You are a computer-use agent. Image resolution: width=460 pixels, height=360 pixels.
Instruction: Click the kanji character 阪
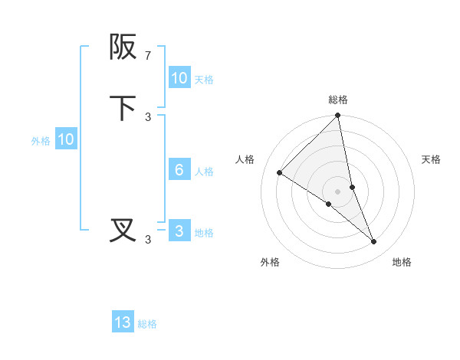123,47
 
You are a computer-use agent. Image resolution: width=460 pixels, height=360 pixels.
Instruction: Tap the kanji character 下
123,109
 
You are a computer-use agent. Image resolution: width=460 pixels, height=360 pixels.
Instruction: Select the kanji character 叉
123,230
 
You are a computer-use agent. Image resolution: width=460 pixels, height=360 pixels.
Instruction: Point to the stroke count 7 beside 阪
148,56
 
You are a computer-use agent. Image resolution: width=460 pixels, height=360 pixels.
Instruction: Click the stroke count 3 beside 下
148,116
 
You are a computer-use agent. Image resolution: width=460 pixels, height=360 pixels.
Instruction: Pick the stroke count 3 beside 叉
148,239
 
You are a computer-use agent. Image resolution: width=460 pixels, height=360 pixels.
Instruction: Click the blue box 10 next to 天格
179,78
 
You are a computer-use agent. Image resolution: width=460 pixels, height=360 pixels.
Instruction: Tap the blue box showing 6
179,170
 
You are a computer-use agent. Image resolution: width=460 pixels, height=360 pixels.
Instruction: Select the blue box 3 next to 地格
179,231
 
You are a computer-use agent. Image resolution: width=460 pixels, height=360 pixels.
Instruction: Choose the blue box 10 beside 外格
66,139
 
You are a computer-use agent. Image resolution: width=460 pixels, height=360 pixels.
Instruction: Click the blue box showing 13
123,322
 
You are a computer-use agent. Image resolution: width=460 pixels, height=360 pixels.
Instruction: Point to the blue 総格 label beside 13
147,324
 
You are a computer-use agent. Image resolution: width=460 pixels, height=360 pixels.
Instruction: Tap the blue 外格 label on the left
41,141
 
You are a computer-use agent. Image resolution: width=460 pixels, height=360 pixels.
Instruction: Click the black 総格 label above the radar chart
338,100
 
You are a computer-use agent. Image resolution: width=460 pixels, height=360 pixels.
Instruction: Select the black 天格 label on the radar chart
431,159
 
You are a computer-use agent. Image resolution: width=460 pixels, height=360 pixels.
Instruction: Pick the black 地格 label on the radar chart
402,262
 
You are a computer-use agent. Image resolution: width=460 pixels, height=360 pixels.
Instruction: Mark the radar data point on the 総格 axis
338,116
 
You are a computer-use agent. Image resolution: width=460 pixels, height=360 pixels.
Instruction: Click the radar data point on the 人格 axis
280,173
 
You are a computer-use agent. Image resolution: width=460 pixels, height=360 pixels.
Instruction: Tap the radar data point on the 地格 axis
374,241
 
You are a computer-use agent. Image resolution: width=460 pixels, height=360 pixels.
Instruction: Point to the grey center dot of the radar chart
338,191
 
